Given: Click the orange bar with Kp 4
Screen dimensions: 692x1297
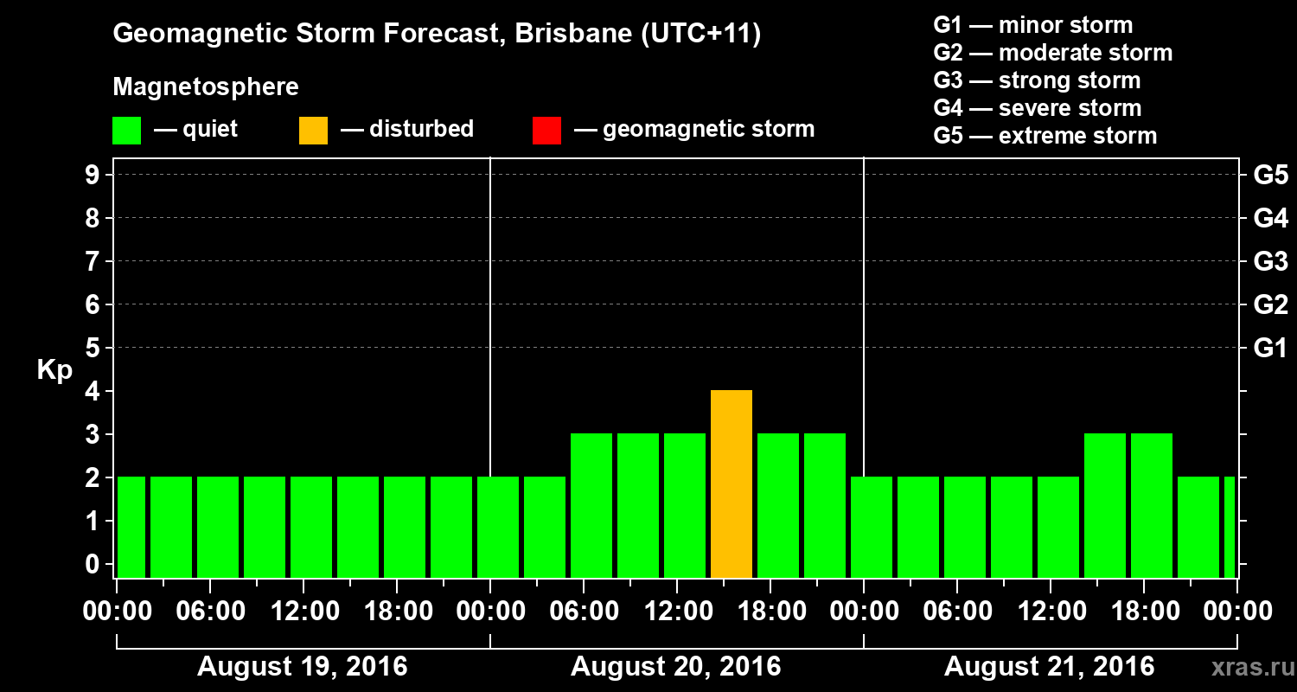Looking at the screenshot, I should pos(731,484).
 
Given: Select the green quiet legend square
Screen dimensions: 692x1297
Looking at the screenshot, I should pos(126,130).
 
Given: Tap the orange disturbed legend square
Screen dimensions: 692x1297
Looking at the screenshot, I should pos(313,130).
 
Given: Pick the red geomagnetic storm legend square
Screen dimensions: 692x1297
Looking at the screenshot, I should pos(546,130).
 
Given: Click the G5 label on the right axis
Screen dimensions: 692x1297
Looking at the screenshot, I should pos(1270,176).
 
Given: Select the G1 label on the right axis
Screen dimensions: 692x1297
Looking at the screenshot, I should pos(1270,349).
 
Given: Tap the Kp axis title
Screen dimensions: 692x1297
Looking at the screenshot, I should pos(54,370).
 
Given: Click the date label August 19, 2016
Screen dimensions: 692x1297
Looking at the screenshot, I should pos(303,667).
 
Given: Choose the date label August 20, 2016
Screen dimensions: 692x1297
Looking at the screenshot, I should pos(675,667).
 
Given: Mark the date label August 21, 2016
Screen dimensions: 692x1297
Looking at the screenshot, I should pos(1049,667).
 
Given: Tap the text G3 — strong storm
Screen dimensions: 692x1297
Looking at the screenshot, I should pos(1037,80).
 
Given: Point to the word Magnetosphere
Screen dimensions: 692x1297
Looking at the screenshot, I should pos(206,87).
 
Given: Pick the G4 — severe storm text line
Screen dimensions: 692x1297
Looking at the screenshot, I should pos(1038,108).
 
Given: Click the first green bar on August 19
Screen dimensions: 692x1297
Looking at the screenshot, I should pos(131,527).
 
